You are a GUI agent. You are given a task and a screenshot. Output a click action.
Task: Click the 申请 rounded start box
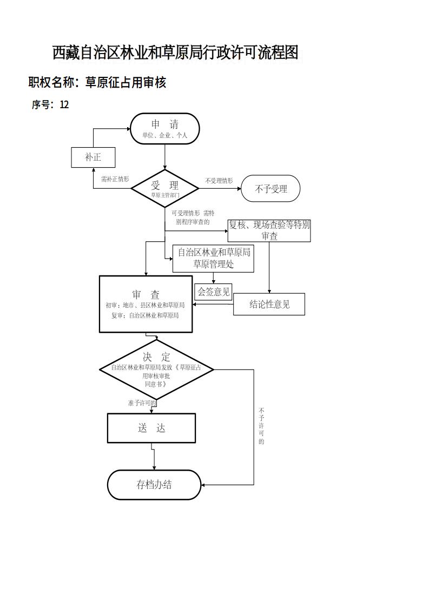click(x=165, y=129)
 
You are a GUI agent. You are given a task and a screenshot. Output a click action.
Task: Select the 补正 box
click(x=93, y=157)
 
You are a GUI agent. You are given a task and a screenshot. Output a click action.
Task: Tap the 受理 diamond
click(x=165, y=188)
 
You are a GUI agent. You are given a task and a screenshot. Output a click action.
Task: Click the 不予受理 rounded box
click(x=270, y=189)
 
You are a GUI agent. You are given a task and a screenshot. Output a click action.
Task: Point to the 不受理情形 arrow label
click(x=219, y=181)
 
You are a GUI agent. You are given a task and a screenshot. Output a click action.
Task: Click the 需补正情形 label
click(x=115, y=179)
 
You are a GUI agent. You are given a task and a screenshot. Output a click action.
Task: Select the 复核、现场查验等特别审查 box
click(x=269, y=230)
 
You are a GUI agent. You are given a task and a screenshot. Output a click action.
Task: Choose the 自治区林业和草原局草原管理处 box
click(x=213, y=259)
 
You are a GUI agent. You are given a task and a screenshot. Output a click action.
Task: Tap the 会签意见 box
click(x=214, y=292)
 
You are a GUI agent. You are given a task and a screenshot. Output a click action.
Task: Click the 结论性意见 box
click(x=269, y=304)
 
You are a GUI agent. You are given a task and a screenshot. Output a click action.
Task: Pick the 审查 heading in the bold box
click(x=146, y=295)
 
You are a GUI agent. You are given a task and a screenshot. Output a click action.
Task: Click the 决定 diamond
click(x=156, y=369)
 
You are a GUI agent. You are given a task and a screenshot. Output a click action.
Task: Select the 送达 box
click(x=151, y=428)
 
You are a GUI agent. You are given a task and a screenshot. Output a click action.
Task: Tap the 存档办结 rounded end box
click(x=154, y=485)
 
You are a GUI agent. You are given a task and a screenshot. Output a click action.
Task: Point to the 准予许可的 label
click(x=142, y=403)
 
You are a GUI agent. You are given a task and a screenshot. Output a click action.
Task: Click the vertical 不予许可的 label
click(x=261, y=426)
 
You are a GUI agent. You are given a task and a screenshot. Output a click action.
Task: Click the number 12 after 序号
click(x=64, y=105)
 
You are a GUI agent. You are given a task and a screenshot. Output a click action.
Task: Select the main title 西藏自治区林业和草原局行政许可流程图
click(x=175, y=52)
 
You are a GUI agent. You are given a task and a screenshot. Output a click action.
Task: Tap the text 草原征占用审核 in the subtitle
click(x=126, y=82)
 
